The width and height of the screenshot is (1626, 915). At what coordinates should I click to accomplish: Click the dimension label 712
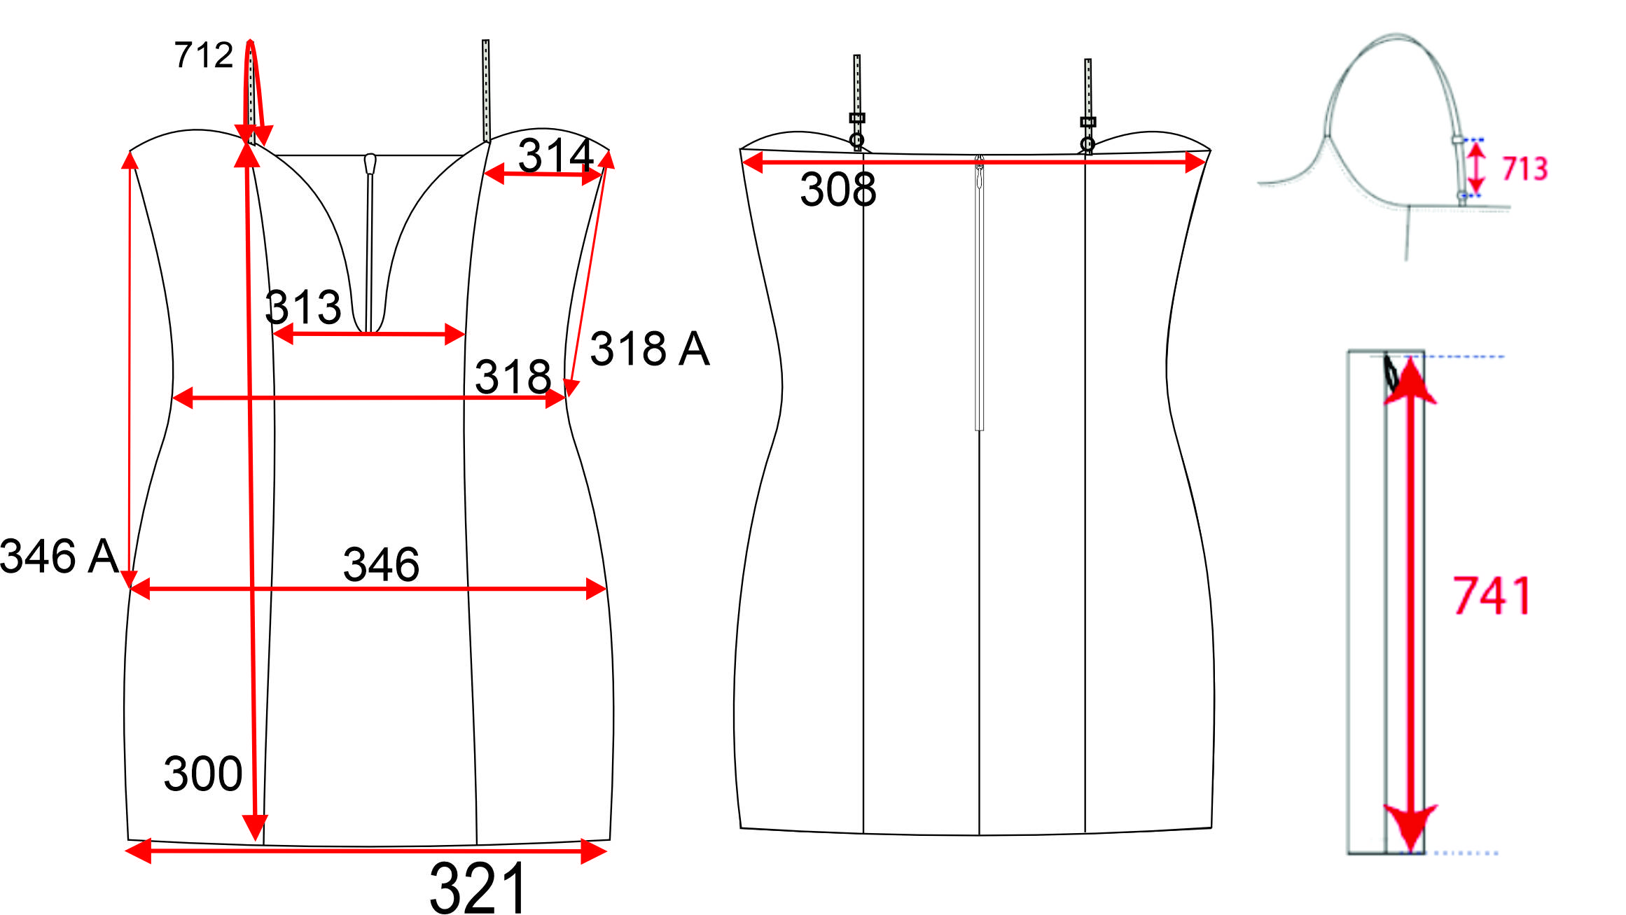point(204,55)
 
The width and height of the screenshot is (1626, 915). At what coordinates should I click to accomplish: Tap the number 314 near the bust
point(556,155)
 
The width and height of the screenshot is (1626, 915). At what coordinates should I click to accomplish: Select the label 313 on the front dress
point(303,307)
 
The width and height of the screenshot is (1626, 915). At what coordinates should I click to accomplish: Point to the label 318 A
point(650,349)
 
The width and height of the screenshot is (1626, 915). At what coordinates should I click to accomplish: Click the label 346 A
point(60,557)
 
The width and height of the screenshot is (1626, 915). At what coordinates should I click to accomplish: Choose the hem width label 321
point(478,888)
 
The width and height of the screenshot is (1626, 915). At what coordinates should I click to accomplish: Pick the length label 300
point(203,774)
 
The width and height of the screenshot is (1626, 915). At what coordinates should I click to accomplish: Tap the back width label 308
point(838,189)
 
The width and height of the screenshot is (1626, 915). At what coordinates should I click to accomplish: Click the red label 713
point(1525,169)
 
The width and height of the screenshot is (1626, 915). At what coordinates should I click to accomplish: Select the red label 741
point(1492,596)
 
